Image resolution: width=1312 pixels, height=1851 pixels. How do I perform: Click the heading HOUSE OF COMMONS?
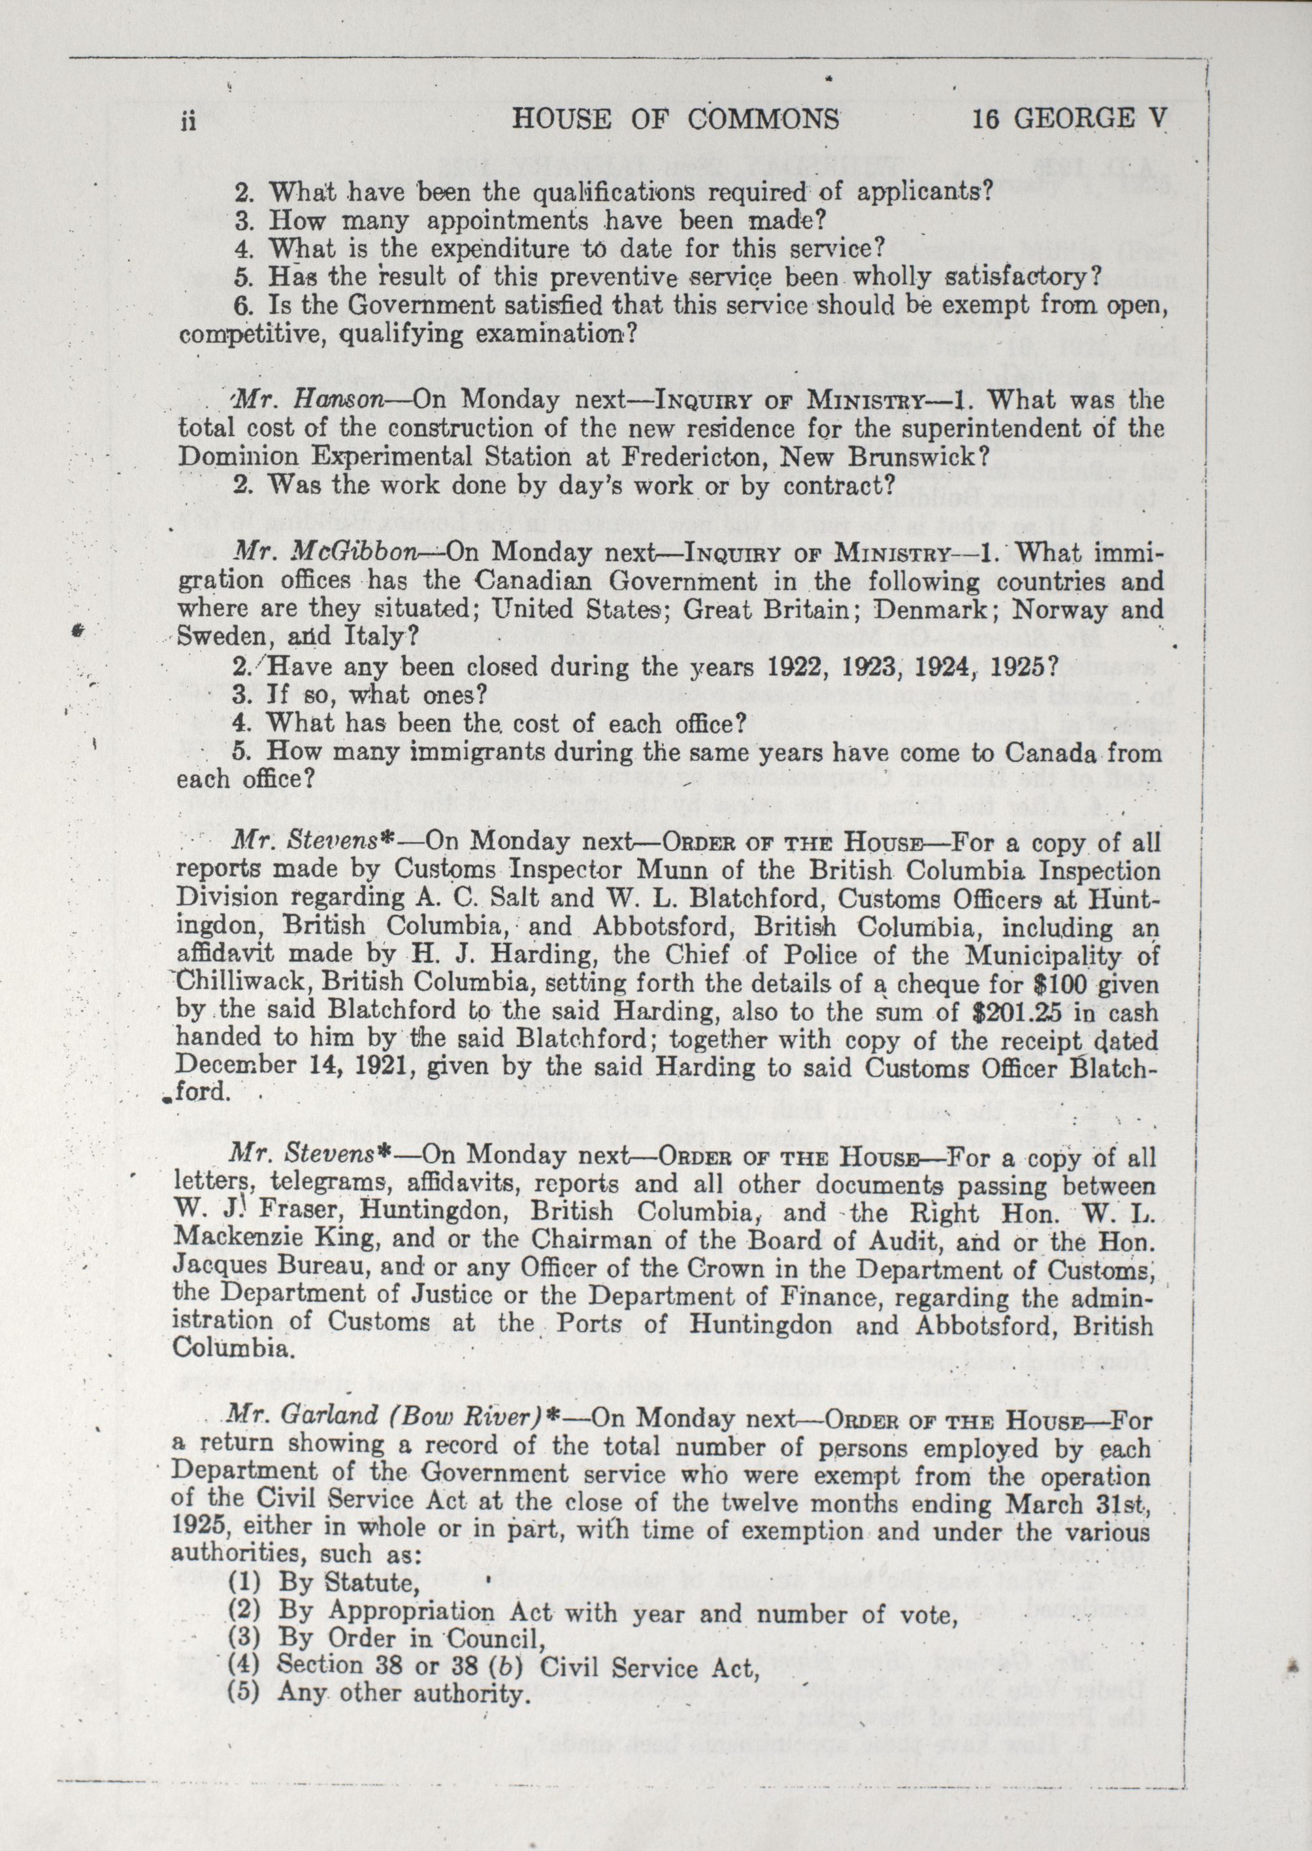tap(676, 120)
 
